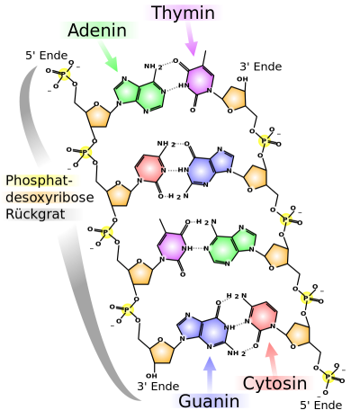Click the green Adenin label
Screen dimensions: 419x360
point(99,31)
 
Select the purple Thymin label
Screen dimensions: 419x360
point(183,13)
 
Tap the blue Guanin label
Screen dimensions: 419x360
point(210,401)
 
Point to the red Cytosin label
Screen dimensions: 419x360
point(274,383)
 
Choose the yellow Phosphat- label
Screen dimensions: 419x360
point(40,181)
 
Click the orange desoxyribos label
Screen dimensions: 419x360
point(40,197)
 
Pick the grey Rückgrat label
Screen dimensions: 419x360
point(41,214)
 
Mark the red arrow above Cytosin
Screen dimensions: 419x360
point(272,357)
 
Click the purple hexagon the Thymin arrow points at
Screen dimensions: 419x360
point(199,80)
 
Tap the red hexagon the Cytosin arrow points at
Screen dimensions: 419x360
point(263,316)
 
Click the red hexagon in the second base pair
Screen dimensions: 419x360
point(149,168)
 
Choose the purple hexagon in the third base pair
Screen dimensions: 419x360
point(172,245)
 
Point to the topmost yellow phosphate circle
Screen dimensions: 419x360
point(64,74)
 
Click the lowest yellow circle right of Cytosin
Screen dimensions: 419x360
point(328,377)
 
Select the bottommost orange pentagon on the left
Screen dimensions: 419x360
point(162,352)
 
